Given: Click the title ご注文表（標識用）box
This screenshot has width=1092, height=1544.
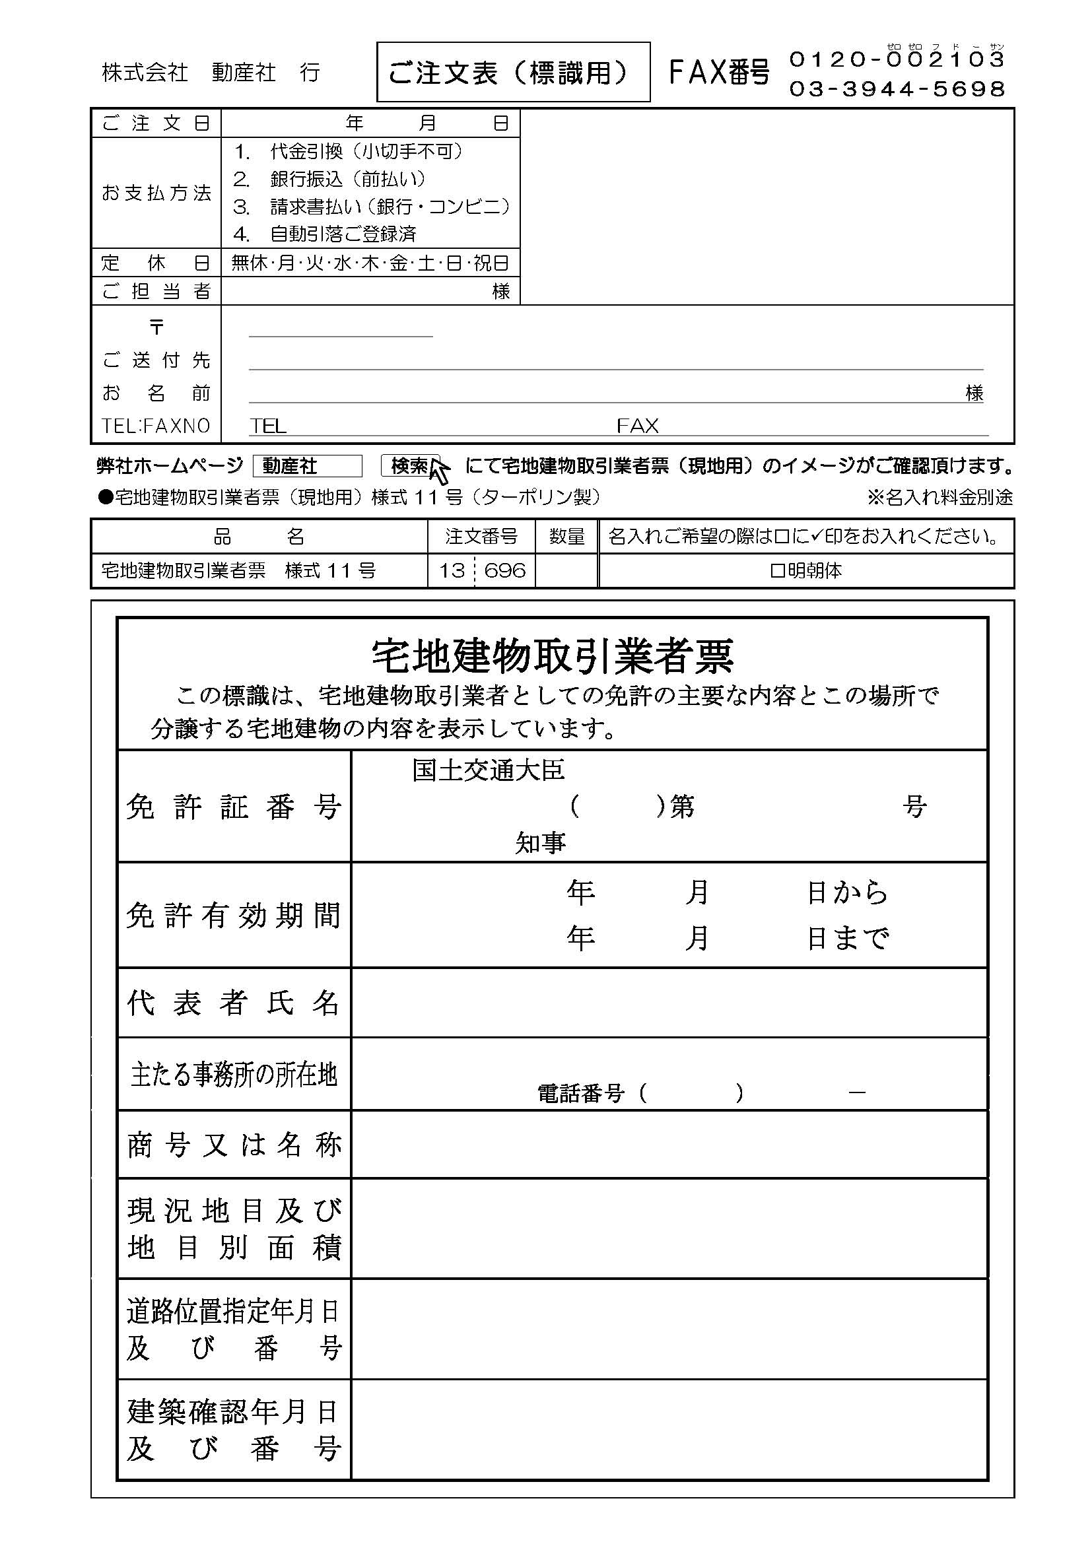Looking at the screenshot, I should tap(512, 72).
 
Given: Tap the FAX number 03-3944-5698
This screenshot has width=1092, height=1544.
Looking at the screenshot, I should tap(897, 88).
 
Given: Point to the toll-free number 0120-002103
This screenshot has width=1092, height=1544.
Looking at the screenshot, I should tap(897, 59).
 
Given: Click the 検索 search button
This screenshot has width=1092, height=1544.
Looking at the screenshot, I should tap(409, 465).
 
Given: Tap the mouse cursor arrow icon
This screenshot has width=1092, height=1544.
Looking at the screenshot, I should tap(440, 471).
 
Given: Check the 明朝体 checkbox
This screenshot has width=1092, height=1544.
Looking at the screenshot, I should tap(777, 571).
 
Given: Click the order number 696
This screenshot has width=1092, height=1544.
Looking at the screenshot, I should tap(504, 570).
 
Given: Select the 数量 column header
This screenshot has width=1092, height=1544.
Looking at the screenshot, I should tap(566, 537).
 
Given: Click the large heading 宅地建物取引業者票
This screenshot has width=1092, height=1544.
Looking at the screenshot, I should tap(552, 655).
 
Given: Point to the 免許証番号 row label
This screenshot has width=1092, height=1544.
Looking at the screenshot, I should tap(233, 806).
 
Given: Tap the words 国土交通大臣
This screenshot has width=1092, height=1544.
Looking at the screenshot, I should tap(488, 770).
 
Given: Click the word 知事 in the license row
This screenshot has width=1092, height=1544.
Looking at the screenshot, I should tap(540, 842).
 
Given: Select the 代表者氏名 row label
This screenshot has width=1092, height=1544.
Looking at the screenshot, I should tap(233, 1003).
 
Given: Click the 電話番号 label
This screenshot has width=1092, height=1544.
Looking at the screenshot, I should tap(580, 1093).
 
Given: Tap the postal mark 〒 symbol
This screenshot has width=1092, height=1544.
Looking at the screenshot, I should tap(156, 327).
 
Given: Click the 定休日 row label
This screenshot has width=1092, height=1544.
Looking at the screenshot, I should tap(156, 263).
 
